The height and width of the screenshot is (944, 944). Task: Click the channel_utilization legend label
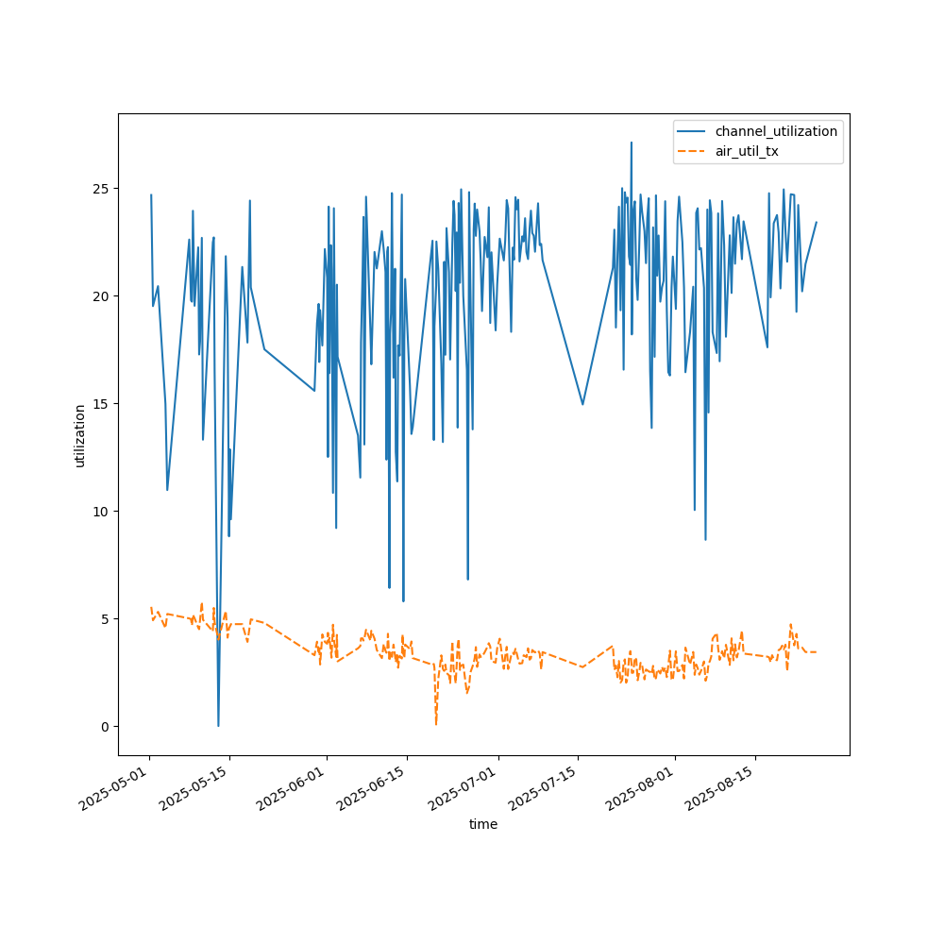click(776, 131)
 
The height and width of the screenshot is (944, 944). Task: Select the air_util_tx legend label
click(747, 151)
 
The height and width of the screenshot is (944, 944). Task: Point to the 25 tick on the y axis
click(104, 188)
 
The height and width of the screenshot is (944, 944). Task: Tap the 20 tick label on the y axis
click(104, 295)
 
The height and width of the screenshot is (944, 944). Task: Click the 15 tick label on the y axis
click(104, 403)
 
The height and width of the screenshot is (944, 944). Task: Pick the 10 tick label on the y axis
click(104, 511)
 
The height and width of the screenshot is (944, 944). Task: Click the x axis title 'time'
click(483, 824)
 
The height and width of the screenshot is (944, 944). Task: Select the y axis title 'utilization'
click(80, 435)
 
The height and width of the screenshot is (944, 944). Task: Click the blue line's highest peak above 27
click(632, 143)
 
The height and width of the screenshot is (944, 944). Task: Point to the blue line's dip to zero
click(218, 725)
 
